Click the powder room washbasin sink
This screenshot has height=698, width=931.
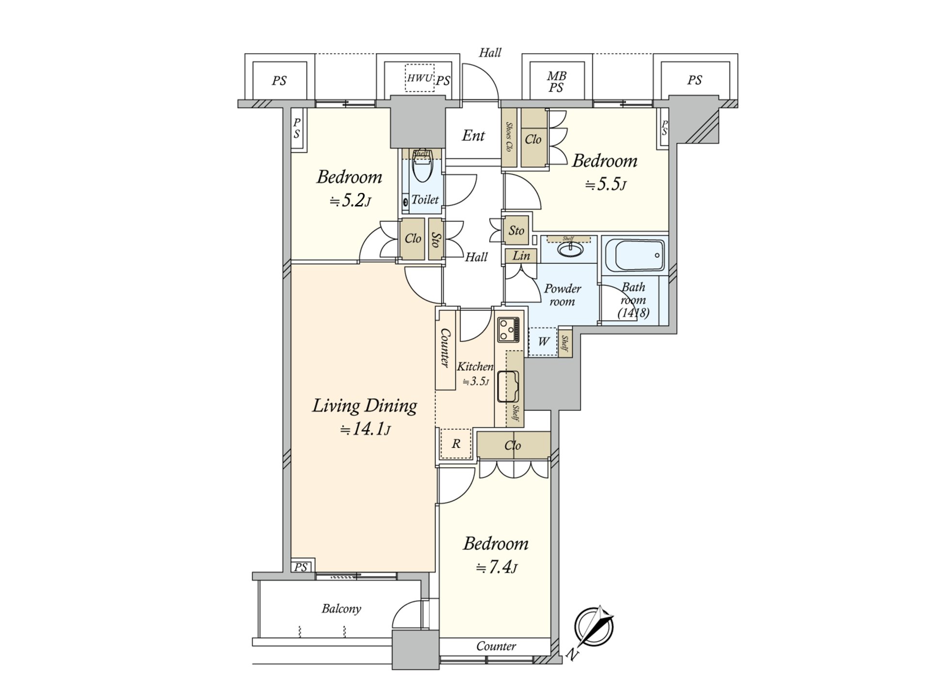(570, 249)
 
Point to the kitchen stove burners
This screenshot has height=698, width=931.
(508, 330)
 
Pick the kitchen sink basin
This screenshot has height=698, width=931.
(508, 386)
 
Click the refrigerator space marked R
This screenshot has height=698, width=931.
(456, 444)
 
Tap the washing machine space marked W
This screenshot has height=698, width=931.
(543, 342)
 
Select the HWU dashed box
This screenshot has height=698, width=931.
(419, 78)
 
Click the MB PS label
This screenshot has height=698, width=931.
(557, 82)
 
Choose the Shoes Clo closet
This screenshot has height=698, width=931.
(509, 137)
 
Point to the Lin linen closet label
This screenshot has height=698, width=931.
(521, 255)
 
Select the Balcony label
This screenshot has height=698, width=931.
(341, 609)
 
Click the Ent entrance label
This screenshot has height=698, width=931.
(473, 135)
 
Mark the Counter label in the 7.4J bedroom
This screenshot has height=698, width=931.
(496, 646)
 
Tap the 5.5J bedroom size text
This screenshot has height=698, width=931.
(606, 185)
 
